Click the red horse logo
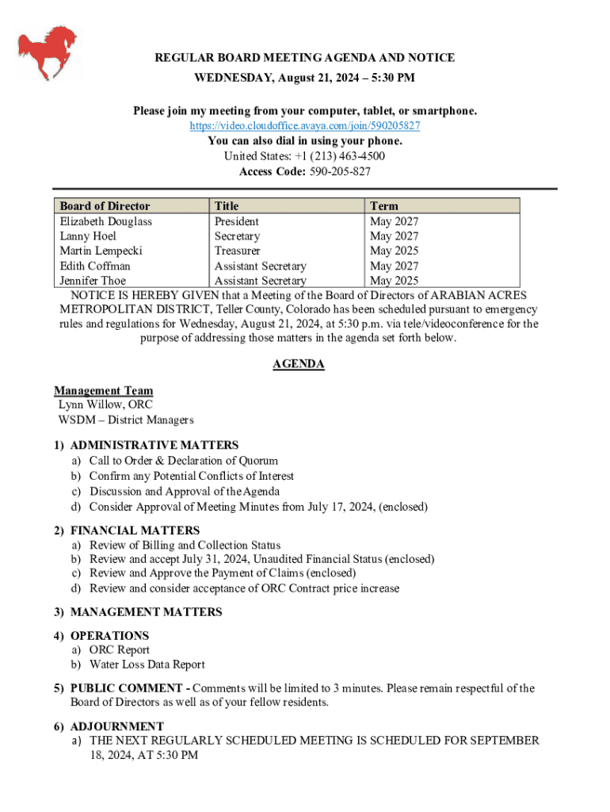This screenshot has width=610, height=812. point(48,52)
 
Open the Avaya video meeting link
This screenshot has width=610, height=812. point(305,126)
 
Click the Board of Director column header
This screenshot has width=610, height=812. point(105,206)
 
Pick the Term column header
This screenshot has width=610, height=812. point(384,206)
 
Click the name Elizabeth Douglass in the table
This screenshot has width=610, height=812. point(106,221)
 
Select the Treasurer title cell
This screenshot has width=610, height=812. point(237,251)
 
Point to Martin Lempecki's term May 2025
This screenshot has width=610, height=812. point(394,251)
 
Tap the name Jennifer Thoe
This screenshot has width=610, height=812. point(93,281)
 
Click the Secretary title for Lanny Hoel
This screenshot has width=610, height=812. point(237,236)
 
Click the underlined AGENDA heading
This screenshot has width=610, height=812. point(299,364)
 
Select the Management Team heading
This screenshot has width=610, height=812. point(104,390)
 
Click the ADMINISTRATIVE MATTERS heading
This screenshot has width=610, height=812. point(154,446)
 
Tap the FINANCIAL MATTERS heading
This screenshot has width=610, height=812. point(135,530)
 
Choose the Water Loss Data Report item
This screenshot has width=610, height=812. point(147,665)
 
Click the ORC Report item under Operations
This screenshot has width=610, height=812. point(120,650)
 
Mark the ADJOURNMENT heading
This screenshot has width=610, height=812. point(117,726)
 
